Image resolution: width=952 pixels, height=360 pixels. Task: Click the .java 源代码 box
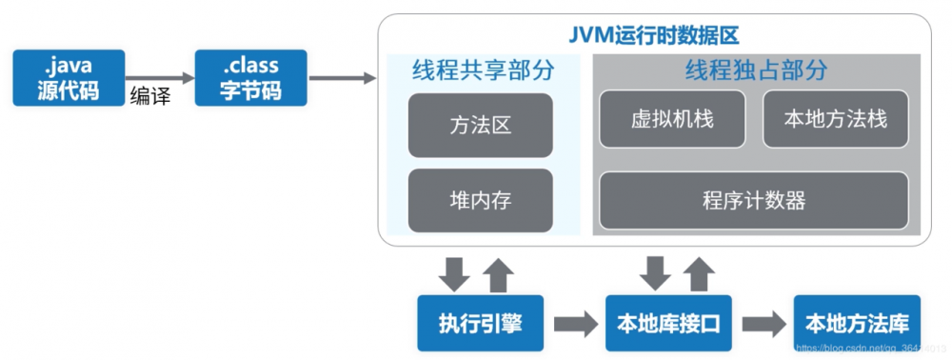pos(69,78)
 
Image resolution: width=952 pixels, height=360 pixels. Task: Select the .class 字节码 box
pos(251,78)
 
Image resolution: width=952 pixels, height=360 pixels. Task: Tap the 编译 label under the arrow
pos(149,96)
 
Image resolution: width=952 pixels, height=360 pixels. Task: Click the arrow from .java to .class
pos(159,78)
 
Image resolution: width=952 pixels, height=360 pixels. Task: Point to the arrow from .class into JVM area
pos(343,78)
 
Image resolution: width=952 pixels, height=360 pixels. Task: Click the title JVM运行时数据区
pos(654,35)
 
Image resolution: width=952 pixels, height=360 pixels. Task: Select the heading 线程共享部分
pos(483,70)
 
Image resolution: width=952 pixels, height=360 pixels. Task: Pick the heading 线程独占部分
pos(756,70)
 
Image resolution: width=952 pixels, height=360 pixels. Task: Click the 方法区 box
pos(481,125)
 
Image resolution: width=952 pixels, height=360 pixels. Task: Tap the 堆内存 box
pos(481,201)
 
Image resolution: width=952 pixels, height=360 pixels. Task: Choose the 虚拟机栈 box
pos(672,119)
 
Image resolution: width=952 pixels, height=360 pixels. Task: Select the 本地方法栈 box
pos(835,119)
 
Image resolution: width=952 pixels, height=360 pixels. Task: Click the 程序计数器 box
pos(753,200)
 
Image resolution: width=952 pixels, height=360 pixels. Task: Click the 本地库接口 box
pos(664,323)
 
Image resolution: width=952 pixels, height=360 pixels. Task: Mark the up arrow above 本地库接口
pos(700,274)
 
